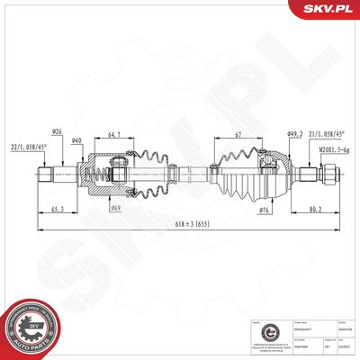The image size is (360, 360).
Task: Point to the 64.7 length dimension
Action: [114, 136]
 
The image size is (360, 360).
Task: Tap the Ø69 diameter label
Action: [116, 209]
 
